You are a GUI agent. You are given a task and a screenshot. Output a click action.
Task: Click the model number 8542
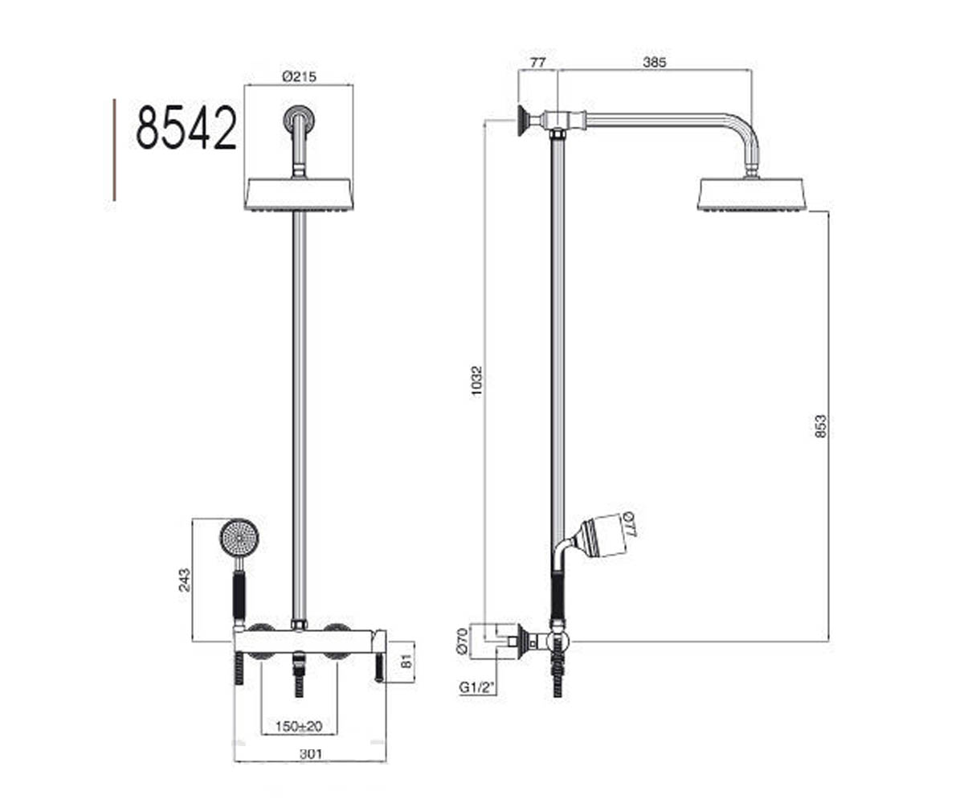pyautogui.click(x=186, y=127)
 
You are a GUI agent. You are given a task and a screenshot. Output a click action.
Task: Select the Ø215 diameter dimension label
pyautogui.click(x=299, y=76)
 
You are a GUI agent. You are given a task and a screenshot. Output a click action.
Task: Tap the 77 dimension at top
pyautogui.click(x=537, y=62)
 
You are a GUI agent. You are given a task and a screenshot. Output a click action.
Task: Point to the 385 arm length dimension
pyautogui.click(x=654, y=62)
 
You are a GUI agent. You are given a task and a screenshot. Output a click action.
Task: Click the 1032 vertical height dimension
pyautogui.click(x=476, y=381)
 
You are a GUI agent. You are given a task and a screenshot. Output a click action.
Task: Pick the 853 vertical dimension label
pyautogui.click(x=820, y=427)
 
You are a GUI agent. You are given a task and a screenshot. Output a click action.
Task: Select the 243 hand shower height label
pyautogui.click(x=184, y=580)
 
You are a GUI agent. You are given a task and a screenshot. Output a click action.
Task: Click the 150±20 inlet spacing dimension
pyautogui.click(x=299, y=727)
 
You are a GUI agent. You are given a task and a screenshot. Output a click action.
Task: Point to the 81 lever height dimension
pyautogui.click(x=406, y=661)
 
